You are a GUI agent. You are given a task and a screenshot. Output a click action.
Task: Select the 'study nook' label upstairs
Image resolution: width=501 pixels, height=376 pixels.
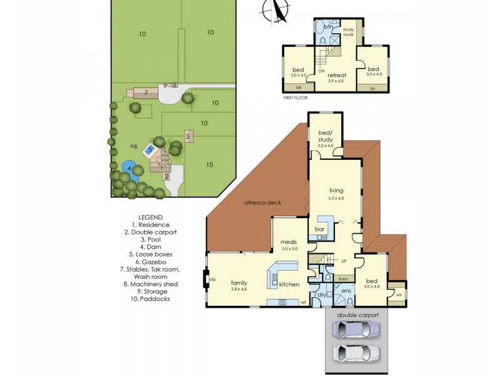click(348, 33)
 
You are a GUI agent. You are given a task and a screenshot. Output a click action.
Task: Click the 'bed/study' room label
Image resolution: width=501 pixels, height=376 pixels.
click(326, 136)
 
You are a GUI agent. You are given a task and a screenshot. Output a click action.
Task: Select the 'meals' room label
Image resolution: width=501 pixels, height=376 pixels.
click(289, 242)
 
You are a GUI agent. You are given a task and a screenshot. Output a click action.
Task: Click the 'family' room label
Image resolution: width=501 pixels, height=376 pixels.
click(239, 283)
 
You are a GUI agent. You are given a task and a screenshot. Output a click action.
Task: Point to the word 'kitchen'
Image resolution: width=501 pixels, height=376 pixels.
click(289, 285)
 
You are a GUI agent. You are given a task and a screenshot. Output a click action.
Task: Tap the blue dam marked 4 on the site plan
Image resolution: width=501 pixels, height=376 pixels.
click(129, 169)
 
